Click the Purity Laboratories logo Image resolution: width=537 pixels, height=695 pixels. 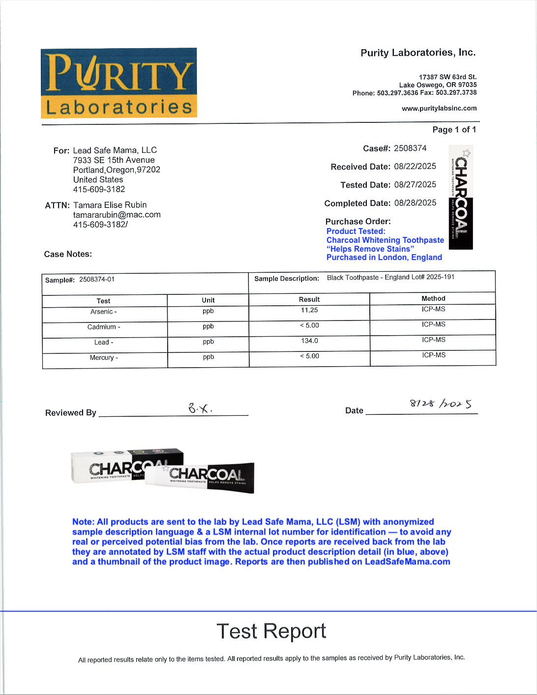click(119, 83)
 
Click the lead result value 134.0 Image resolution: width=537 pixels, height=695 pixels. click(309, 341)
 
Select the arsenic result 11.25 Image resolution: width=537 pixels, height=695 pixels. click(309, 310)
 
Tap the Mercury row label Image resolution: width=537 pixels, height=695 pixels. click(104, 358)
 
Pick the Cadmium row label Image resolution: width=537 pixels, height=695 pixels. click(104, 327)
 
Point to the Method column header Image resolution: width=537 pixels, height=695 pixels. click(433, 298)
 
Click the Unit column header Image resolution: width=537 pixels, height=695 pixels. click(208, 300)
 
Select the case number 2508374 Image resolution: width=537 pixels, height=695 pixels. click(410, 148)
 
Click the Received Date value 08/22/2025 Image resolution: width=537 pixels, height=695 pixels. click(415, 167)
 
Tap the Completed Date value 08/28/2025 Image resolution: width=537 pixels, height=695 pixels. click(415, 203)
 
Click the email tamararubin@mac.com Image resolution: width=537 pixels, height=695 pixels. click(117, 215)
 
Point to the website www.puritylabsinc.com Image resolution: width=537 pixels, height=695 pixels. click(439, 108)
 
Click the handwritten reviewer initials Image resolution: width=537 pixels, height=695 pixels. click(200, 408)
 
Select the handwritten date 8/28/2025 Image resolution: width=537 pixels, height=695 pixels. click(441, 404)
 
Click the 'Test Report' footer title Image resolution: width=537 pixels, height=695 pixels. click(271, 631)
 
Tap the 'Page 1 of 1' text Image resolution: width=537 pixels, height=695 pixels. click(454, 129)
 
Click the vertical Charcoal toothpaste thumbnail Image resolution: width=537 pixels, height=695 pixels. click(461, 198)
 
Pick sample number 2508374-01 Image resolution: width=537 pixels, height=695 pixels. click(97, 280)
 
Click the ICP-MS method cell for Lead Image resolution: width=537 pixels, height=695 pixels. click(433, 340)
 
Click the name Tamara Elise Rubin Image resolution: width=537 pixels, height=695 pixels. click(110, 205)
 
